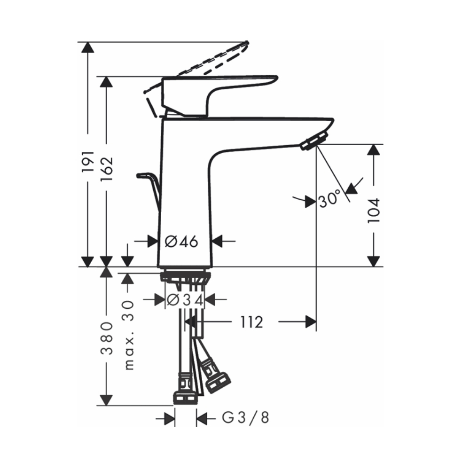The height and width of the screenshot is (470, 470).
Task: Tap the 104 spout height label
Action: (374, 210)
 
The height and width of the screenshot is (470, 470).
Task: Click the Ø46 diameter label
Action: (182, 242)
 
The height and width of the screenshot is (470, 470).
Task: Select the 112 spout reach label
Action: (251, 322)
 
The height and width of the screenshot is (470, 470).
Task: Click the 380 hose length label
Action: (108, 338)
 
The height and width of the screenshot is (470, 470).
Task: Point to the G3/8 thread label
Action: (245, 417)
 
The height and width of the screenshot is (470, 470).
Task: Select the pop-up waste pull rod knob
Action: (141, 176)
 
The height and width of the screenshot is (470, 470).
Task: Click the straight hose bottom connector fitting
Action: (186, 398)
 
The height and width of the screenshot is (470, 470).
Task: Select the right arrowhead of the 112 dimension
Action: (310, 322)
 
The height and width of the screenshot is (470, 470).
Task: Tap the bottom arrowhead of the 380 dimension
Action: (108, 399)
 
